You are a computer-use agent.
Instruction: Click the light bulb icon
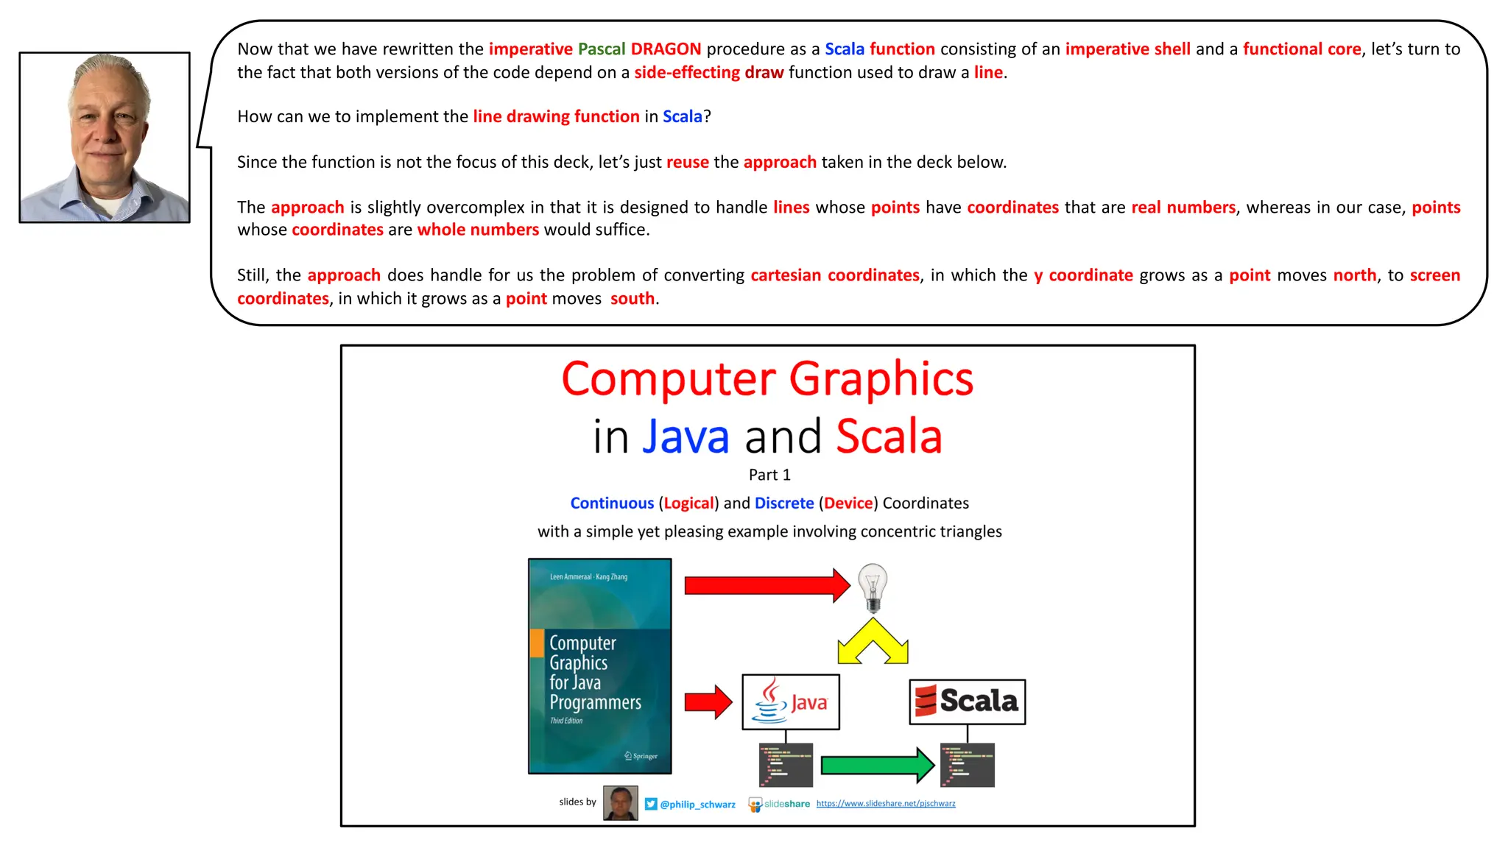(873, 587)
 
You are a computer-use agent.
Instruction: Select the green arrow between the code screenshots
(876, 765)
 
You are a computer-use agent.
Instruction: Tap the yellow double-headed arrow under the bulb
(873, 642)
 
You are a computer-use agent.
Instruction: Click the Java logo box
(791, 702)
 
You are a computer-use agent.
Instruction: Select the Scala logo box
(967, 702)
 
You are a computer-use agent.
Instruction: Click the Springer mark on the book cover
(641, 756)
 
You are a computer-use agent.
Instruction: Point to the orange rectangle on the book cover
(537, 643)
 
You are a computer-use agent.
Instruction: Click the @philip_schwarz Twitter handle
(697, 805)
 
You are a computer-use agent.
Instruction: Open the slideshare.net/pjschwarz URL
(885, 803)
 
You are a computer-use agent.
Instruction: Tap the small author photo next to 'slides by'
(620, 803)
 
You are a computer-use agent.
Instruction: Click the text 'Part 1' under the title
(769, 475)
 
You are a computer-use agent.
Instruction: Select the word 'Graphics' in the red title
(881, 379)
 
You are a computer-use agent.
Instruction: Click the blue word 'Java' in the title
(686, 437)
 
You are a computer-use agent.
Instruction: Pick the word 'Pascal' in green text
(601, 49)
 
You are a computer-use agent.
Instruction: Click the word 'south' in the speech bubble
(632, 298)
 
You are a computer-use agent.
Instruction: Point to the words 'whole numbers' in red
(478, 230)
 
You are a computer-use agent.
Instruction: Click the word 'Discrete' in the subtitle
(784, 503)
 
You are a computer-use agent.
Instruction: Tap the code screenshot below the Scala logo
(967, 765)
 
